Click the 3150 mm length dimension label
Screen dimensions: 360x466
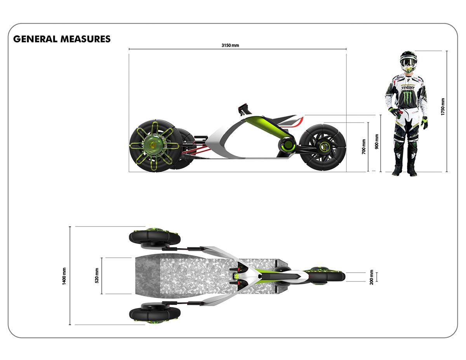230,45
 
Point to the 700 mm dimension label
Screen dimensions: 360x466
364,146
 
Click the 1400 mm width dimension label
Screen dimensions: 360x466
64,276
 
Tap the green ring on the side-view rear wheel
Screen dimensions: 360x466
323,146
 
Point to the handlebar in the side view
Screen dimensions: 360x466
244,107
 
